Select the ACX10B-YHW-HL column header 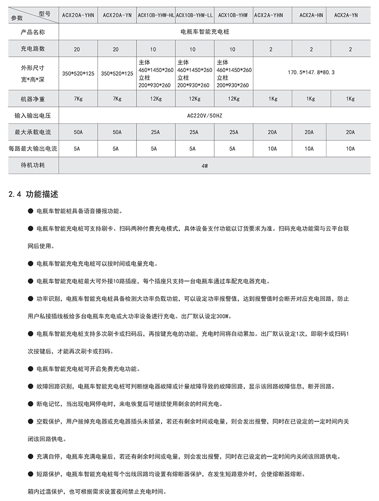(156, 15)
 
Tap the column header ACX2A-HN (311, 15)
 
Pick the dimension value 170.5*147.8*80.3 (311, 73)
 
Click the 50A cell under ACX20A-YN (117, 132)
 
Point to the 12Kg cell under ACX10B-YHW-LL (194, 99)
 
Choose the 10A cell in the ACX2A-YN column (350, 148)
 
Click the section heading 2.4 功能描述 (34, 194)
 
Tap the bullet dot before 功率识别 (31, 299)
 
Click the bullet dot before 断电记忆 (31, 404)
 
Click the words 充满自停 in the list (48, 456)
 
